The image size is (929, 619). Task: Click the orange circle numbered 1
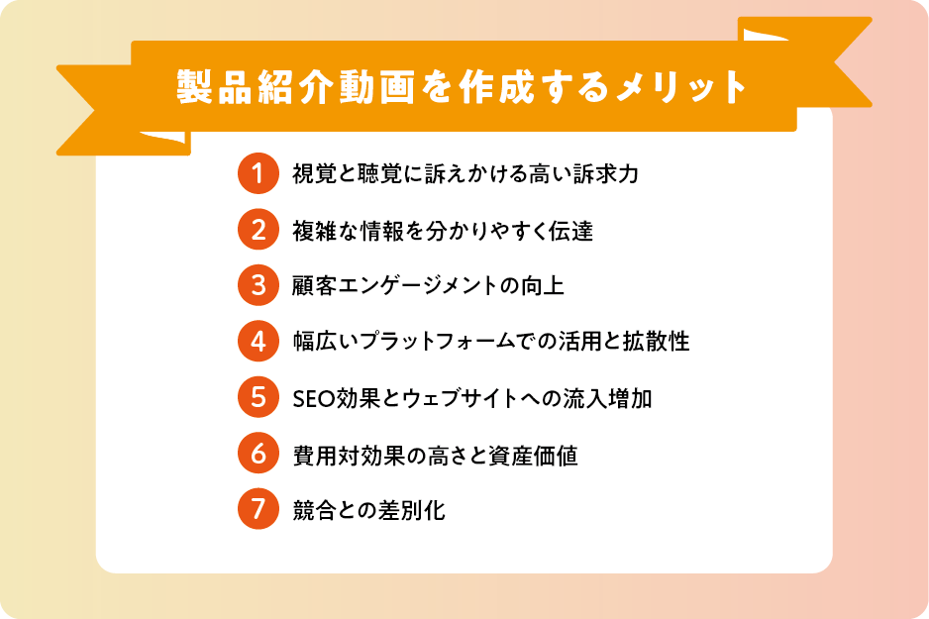coord(258,173)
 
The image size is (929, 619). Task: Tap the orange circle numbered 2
coord(258,229)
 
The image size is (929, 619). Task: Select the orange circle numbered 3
coord(258,285)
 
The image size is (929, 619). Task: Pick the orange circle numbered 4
coord(258,341)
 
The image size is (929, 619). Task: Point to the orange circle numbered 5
coord(258,397)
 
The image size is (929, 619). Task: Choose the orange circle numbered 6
coord(258,454)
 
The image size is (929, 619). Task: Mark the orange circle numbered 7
coord(258,509)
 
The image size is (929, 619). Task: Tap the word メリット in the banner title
coord(681,87)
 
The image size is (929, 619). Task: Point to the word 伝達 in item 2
coord(571,231)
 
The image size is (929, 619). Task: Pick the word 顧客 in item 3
coord(314,285)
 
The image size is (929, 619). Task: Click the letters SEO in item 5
coord(314,399)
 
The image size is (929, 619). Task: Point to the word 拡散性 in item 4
coord(657,342)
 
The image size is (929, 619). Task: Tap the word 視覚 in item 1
coord(314,173)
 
